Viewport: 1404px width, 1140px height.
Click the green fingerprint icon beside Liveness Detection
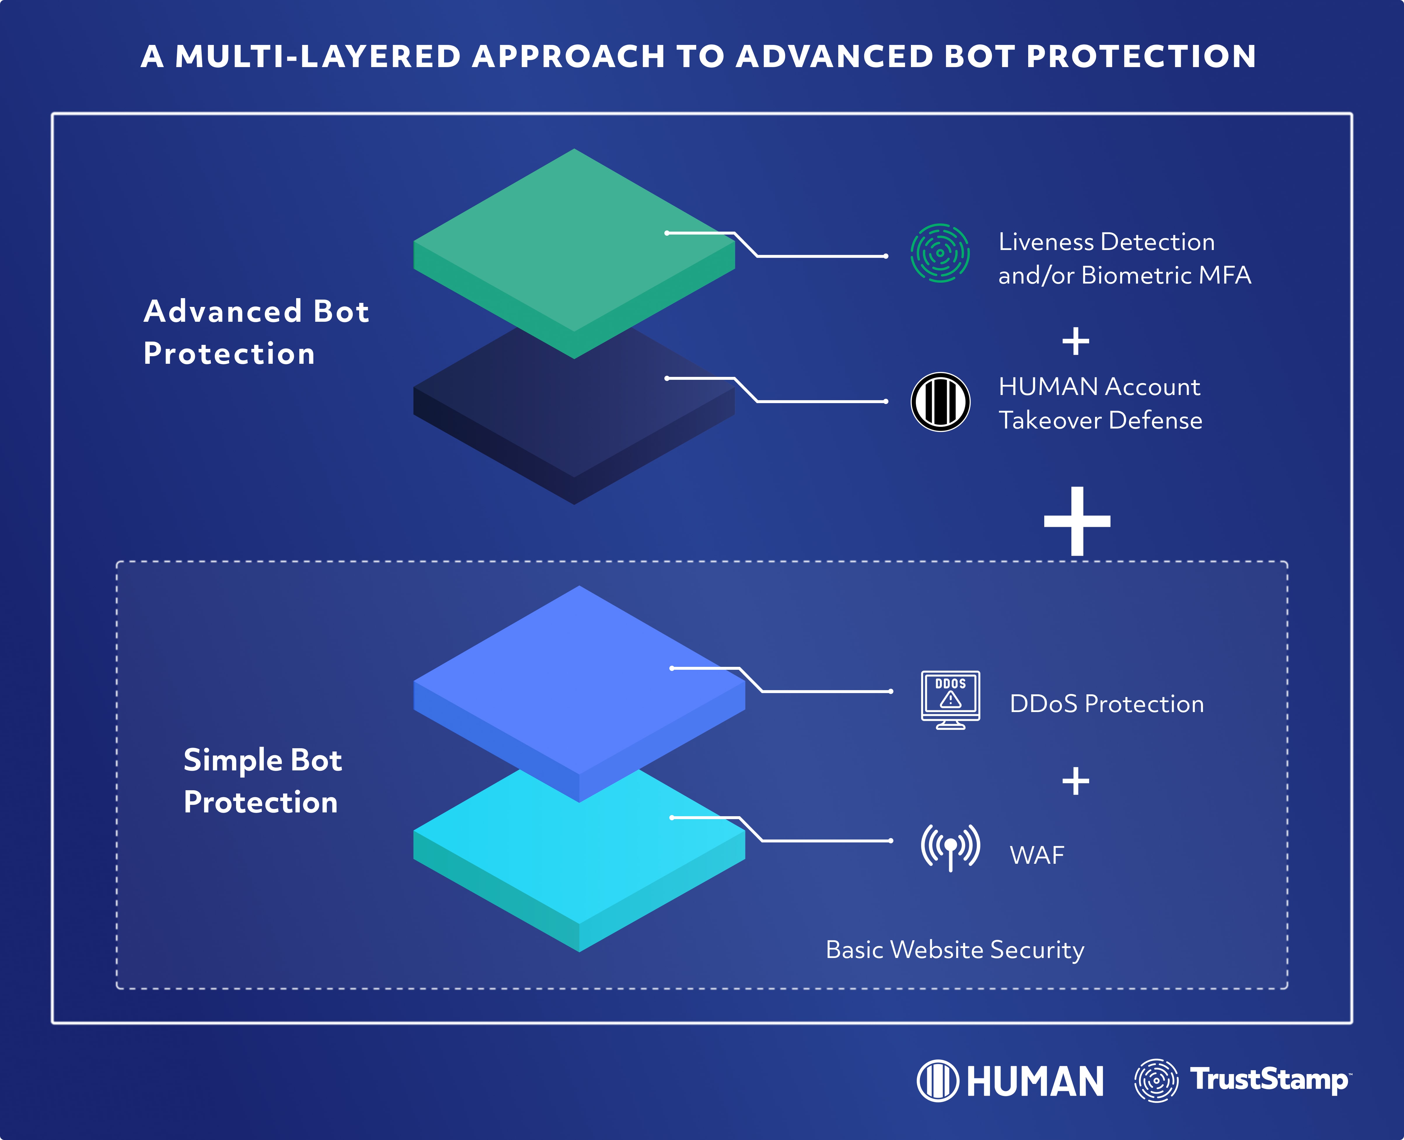click(x=940, y=253)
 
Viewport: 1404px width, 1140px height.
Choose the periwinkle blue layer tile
click(x=579, y=680)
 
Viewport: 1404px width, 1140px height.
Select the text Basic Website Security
click(x=955, y=950)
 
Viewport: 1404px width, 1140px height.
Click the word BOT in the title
click(x=979, y=57)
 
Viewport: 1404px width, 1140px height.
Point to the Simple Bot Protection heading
click(x=262, y=781)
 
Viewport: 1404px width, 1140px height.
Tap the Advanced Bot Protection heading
click(x=256, y=332)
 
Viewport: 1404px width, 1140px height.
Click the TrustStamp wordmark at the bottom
click(x=1269, y=1080)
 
